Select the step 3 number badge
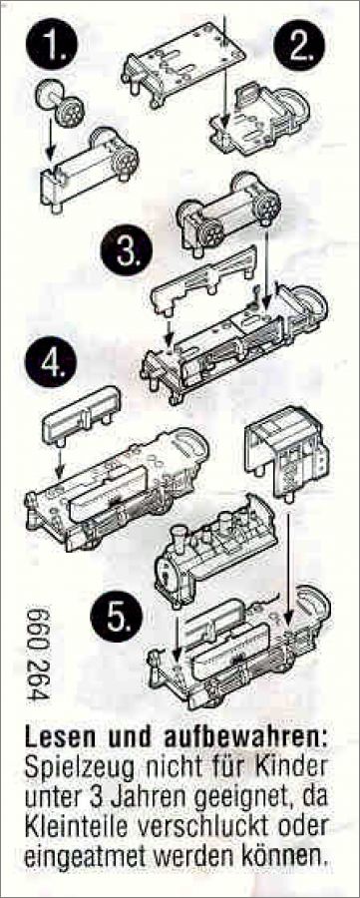(126, 250)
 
